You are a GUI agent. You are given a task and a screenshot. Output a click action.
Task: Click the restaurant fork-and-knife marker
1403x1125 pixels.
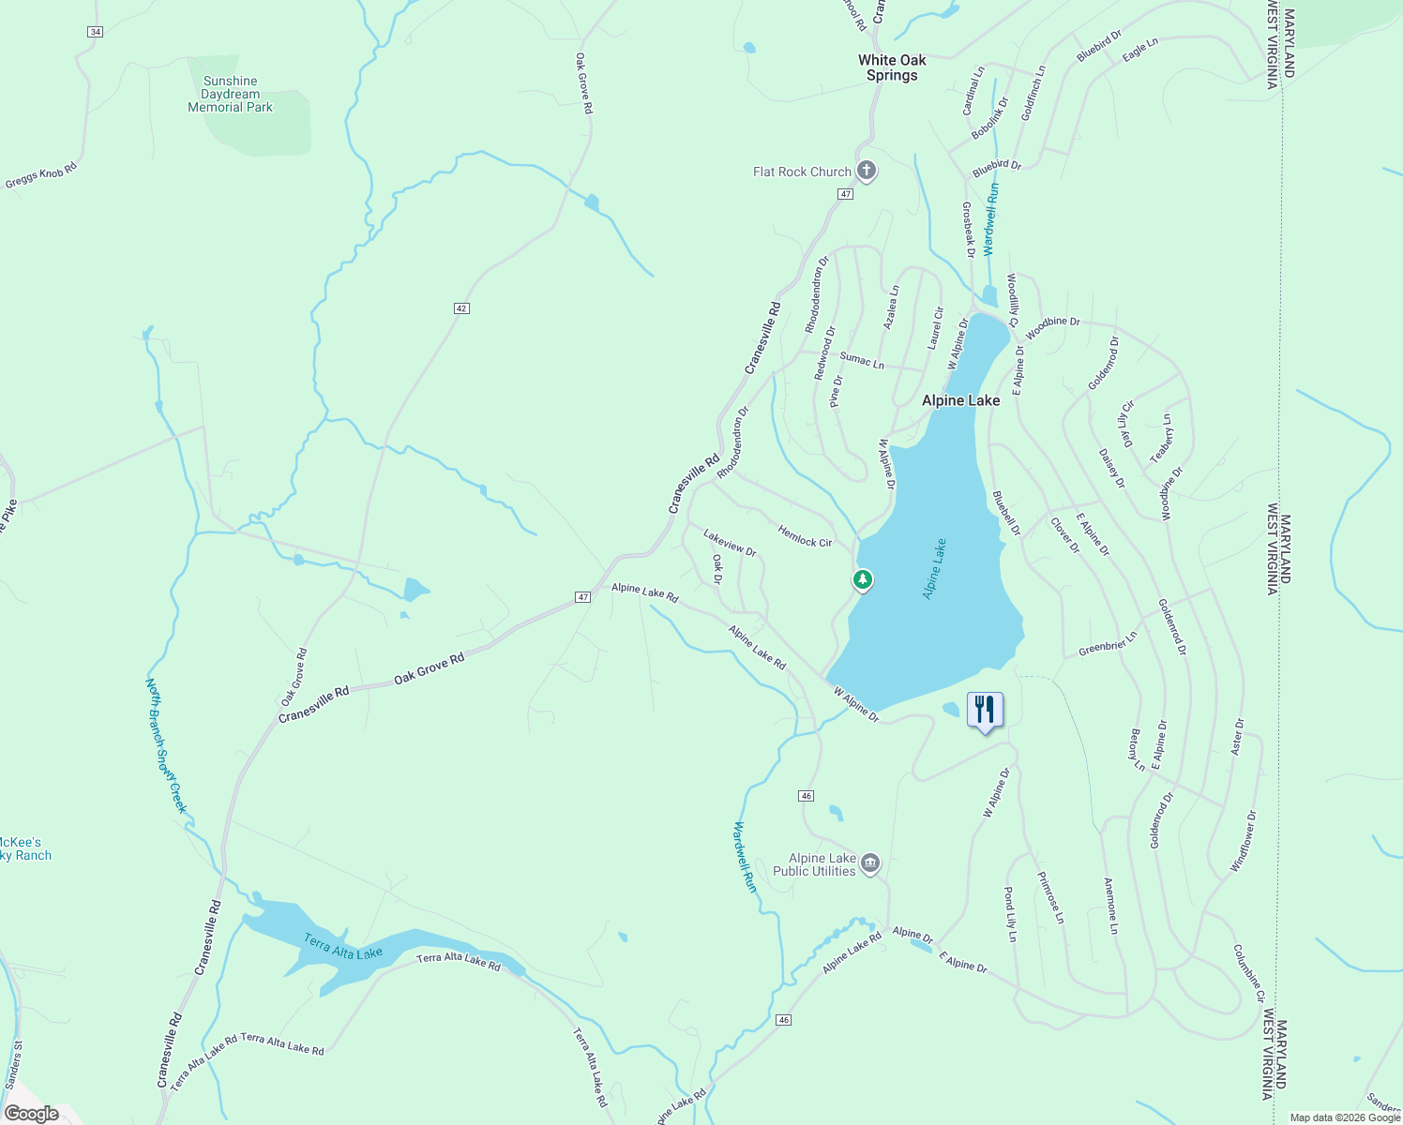(x=985, y=710)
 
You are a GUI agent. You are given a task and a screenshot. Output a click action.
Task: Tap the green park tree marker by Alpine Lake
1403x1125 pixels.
(x=863, y=580)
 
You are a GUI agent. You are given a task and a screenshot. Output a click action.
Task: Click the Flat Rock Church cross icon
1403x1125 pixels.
(x=867, y=171)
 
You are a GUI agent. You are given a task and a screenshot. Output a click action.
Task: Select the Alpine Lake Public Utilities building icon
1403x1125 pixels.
(x=870, y=862)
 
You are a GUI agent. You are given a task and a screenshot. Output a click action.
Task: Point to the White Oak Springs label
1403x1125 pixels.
(x=892, y=67)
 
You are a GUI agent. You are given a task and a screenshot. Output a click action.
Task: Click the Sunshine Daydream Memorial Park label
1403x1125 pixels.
(x=230, y=95)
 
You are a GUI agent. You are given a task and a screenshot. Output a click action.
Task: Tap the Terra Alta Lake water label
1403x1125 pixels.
(x=342, y=947)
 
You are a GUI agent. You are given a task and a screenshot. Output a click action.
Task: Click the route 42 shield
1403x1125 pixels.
(x=460, y=308)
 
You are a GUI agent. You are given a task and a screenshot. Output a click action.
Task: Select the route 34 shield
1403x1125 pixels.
(x=95, y=32)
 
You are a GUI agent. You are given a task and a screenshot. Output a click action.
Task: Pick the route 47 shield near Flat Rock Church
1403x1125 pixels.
(x=845, y=194)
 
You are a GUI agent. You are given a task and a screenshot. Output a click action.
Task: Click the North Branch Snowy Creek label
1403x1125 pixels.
(x=167, y=745)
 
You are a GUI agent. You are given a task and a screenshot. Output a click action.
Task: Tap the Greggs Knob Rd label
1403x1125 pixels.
(x=40, y=175)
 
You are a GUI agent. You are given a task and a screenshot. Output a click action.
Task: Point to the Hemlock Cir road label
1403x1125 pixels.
(x=805, y=536)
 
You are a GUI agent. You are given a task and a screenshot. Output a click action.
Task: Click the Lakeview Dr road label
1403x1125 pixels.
(x=730, y=543)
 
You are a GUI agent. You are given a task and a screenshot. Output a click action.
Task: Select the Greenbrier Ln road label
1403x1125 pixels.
(x=1107, y=644)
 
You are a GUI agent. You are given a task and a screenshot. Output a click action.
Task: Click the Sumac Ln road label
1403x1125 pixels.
(x=862, y=360)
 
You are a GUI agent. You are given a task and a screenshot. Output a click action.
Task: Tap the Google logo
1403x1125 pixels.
(x=31, y=1114)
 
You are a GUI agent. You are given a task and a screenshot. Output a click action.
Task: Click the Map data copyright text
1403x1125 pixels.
(x=1345, y=1117)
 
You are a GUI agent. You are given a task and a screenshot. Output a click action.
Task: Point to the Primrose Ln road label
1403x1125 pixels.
(x=1050, y=897)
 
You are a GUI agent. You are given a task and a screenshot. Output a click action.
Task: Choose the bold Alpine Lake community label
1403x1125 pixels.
(x=960, y=400)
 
